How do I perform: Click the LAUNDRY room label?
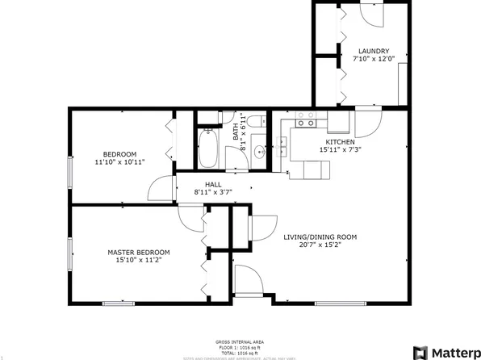[x=374, y=50]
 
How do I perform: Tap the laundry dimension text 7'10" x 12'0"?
[x=374, y=58]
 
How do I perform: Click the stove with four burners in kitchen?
[x=306, y=120]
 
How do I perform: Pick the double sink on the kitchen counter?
[x=284, y=145]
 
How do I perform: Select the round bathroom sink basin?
[x=259, y=152]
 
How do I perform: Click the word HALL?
[x=213, y=184]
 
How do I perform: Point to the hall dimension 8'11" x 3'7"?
[x=213, y=192]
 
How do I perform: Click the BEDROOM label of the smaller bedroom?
[x=119, y=154]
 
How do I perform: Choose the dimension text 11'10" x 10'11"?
[x=119, y=162]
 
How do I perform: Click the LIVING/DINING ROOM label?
[x=320, y=237]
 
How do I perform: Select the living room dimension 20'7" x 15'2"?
[x=320, y=245]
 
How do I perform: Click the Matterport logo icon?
[x=420, y=352]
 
